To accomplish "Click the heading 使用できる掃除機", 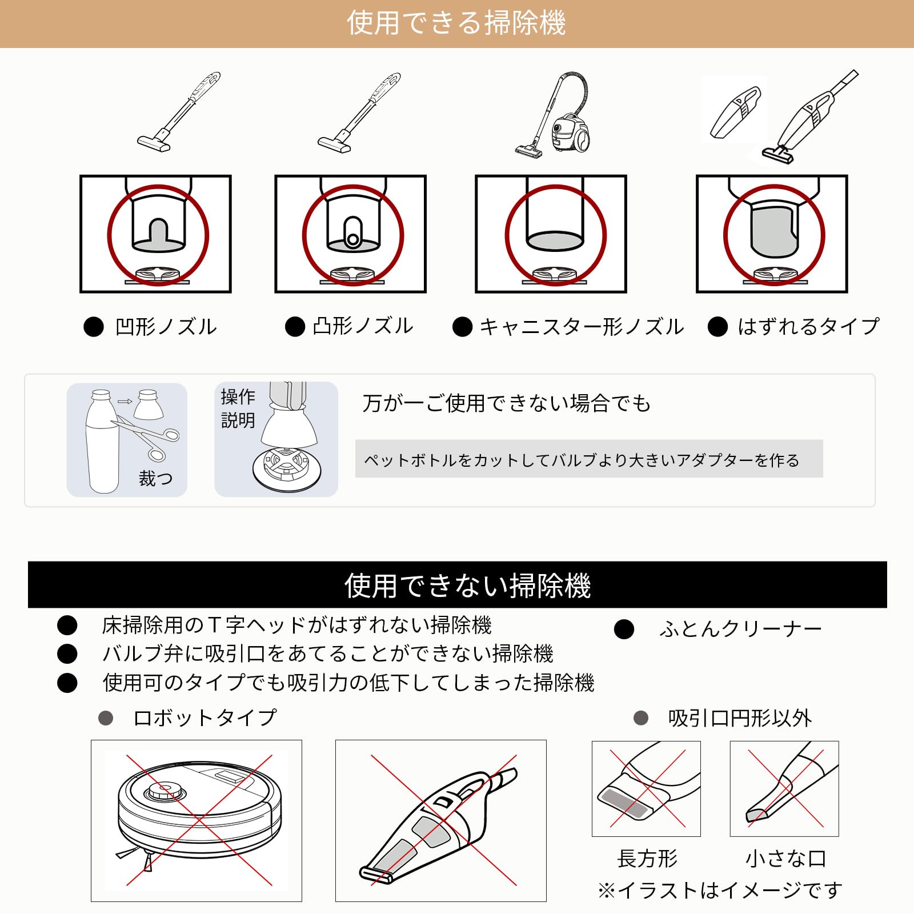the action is [x=456, y=23].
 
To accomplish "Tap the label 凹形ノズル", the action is [x=166, y=327].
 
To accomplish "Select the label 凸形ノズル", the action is [x=363, y=326].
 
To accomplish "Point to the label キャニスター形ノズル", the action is [x=582, y=327].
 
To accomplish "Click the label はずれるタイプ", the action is [x=808, y=327].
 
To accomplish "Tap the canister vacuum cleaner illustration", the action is [x=553, y=114].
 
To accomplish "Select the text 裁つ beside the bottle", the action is [x=155, y=478].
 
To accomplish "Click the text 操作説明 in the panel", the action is [x=238, y=408].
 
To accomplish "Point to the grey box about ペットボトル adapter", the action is [x=589, y=459].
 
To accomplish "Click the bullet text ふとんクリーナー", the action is [x=740, y=629].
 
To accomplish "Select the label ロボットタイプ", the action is [x=205, y=717].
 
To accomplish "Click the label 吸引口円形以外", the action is [x=740, y=718].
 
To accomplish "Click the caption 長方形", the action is [x=647, y=858].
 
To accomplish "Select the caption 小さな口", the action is [x=785, y=858].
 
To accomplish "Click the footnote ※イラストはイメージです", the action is [x=720, y=890].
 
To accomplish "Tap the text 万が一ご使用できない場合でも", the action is [x=507, y=403].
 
